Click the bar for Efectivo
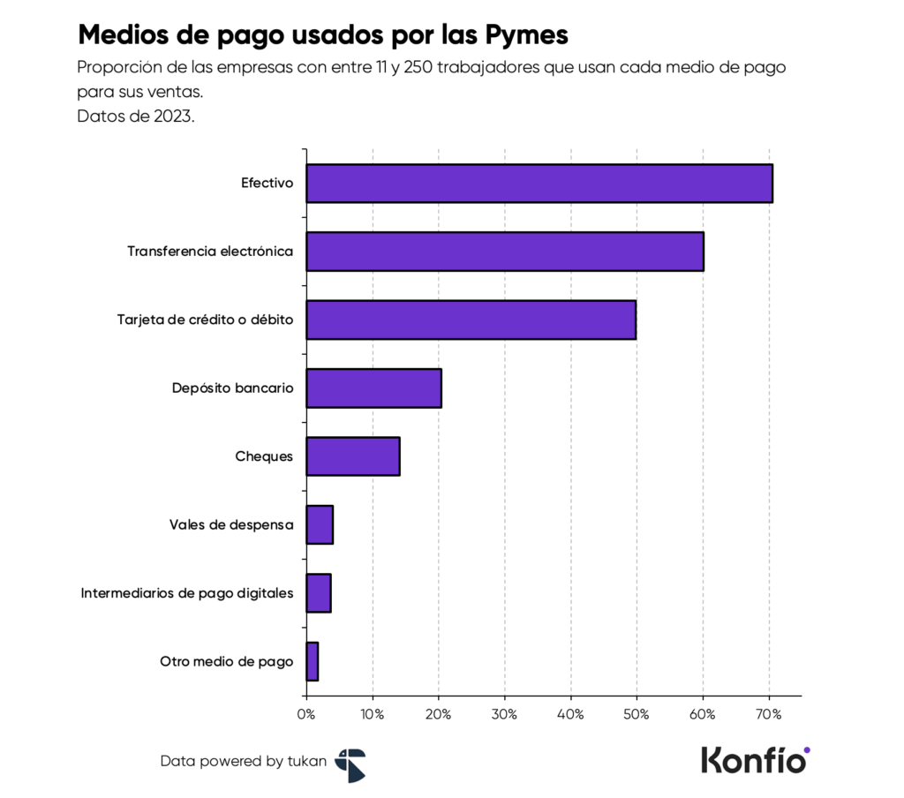539,184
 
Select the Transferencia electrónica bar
504,252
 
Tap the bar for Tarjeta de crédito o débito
471,320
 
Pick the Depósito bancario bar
373,388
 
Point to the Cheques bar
352,456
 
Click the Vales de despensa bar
320,525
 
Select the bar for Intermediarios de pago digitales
319,593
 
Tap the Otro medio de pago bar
313,661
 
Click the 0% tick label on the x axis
306,714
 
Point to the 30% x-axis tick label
504,714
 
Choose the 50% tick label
637,714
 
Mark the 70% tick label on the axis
769,714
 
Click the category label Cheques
264,457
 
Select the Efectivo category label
267,184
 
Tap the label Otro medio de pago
226,662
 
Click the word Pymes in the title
525,35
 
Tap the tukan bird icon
350,764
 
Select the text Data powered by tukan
243,761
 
